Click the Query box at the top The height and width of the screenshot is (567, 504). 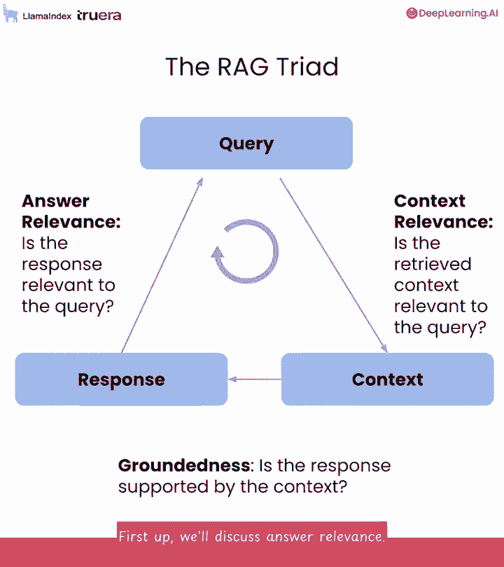246,143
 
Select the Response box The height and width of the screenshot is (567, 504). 121,379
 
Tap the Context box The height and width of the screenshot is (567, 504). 387,379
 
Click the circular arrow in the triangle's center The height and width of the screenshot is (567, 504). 246,252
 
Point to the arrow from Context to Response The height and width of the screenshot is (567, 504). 255,379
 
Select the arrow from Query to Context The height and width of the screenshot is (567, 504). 333,265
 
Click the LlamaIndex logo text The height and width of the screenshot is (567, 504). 47,16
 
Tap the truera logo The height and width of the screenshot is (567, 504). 99,15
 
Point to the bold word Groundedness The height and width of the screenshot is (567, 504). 184,465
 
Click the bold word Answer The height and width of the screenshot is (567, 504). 55,201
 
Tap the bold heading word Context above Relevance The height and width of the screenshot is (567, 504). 430,201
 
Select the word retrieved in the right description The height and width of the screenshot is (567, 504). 433,265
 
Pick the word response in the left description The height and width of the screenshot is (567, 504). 62,265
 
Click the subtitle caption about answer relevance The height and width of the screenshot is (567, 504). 252,537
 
